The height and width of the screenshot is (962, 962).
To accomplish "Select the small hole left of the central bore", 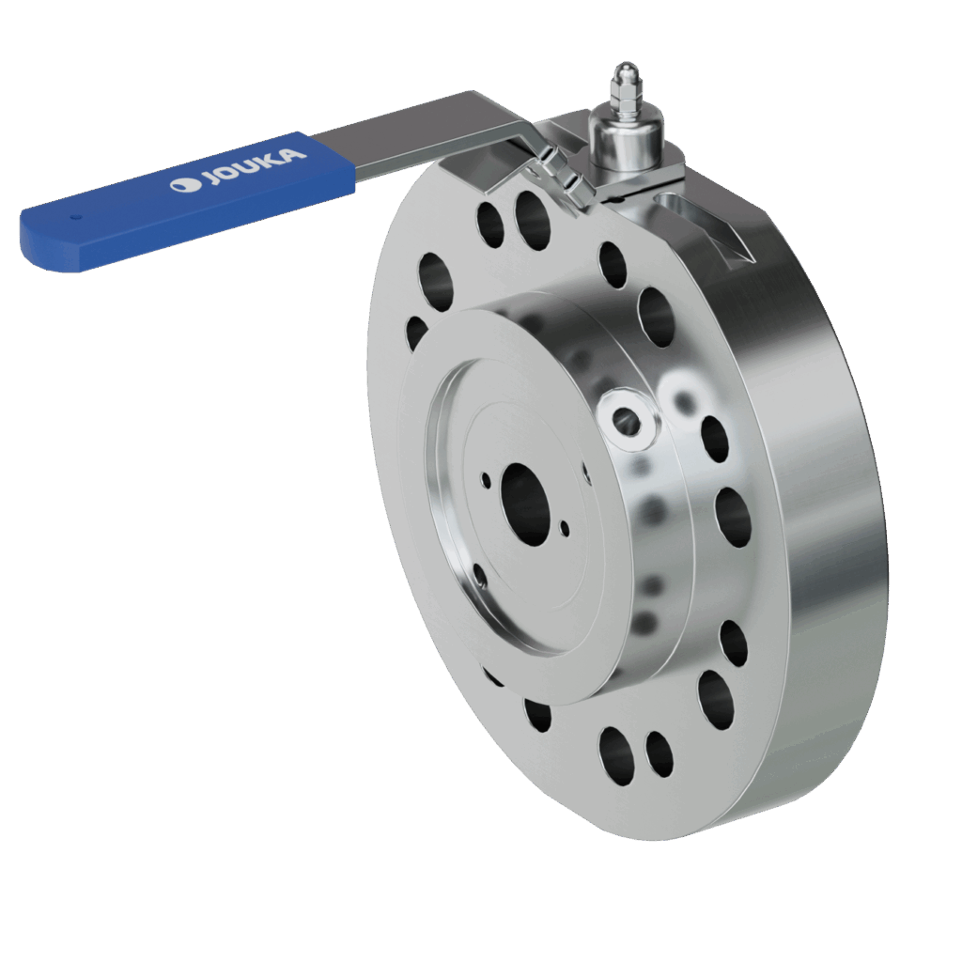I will pos(486,480).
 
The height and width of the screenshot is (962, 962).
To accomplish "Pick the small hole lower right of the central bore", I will pos(565,531).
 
